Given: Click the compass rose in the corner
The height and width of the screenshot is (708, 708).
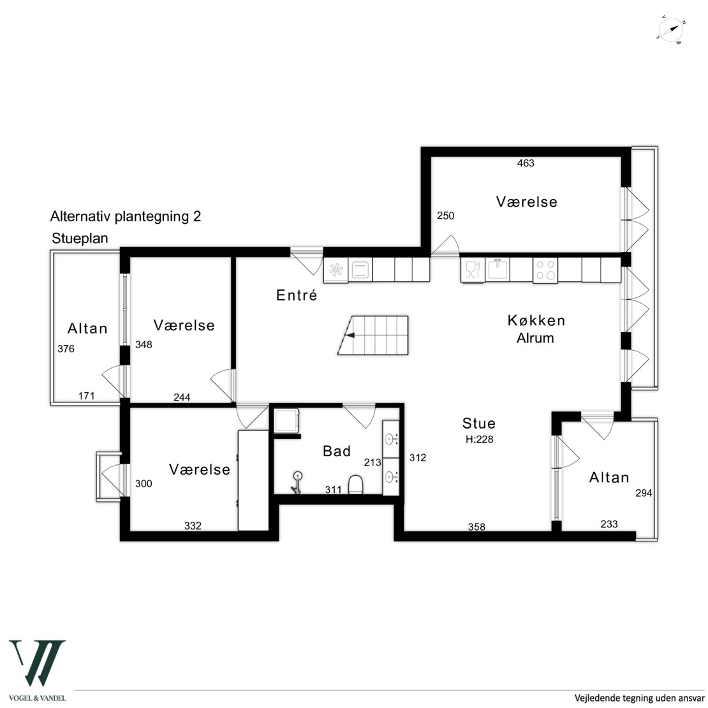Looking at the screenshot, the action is point(672,30).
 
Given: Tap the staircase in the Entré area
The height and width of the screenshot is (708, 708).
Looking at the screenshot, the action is point(373,335).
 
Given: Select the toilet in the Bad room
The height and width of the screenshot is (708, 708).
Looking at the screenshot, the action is point(356,484).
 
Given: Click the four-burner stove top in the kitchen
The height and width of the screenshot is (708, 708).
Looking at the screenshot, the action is point(545,270).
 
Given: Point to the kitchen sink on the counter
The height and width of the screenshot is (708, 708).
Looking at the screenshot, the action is point(497,270).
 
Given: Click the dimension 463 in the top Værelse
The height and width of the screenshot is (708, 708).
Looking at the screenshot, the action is point(526,163).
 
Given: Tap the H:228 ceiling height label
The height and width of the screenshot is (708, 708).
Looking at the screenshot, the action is point(480,439).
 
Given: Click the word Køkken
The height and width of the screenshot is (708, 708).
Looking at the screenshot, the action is point(536,320).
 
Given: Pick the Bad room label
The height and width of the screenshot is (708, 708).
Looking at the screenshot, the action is point(337,450).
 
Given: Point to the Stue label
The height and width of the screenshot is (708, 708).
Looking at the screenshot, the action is point(478,423).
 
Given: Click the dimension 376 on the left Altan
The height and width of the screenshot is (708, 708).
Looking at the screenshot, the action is point(66,349).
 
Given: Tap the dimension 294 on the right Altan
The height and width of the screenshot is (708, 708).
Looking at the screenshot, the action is point(644,493).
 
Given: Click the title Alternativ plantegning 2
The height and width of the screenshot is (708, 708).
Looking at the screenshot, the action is point(126,216).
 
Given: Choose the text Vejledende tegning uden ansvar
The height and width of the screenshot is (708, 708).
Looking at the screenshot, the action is point(639,698).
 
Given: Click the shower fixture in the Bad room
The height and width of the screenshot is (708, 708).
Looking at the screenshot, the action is point(297,482).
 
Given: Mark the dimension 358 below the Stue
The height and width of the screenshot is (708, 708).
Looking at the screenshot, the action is point(476,526).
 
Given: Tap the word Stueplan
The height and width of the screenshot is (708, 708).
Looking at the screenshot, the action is point(80,238).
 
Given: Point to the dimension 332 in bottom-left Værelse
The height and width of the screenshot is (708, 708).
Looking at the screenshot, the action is point(193,526).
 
